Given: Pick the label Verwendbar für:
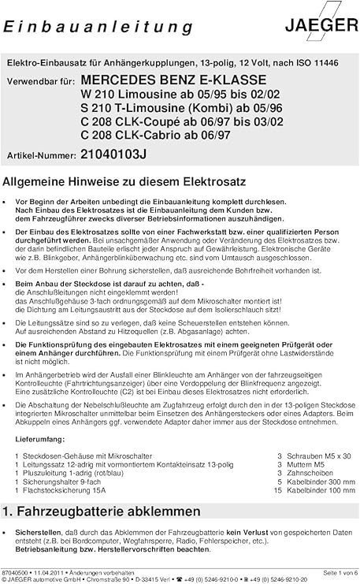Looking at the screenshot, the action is click(x=41, y=81).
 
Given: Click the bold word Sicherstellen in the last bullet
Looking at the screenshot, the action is click(x=36, y=534).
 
